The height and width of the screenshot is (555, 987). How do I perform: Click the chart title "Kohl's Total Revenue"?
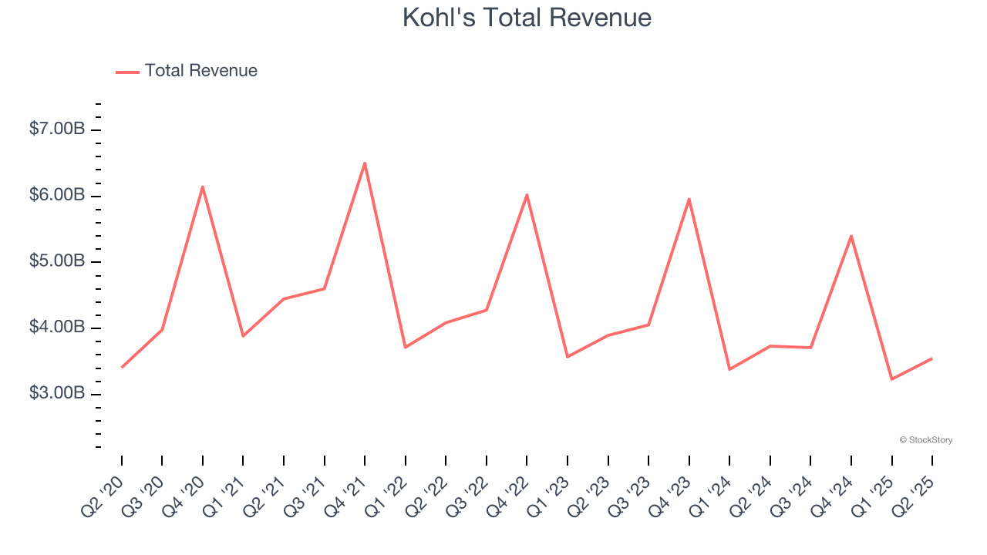point(527,18)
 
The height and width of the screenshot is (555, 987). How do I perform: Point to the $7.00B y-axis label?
point(57,129)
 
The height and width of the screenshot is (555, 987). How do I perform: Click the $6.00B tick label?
point(57,195)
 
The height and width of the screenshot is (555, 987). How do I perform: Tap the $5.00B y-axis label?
point(57,261)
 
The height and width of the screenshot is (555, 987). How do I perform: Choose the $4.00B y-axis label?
point(57,328)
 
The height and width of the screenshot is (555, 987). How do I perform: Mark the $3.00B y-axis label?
point(57,393)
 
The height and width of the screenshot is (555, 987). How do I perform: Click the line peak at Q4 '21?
point(365,163)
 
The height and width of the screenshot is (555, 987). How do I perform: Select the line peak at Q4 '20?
point(203,187)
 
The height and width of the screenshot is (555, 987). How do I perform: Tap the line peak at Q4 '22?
point(527,194)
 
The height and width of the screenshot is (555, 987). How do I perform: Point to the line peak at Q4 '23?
point(689,199)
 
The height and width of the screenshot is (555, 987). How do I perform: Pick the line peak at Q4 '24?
point(851,236)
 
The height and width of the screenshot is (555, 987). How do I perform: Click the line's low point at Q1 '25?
point(891,379)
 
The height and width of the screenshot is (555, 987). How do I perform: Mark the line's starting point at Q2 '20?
point(122,367)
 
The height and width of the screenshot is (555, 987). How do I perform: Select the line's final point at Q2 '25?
point(932,358)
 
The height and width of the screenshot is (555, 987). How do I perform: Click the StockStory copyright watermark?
point(925,440)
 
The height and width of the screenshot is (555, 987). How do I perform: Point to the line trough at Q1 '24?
point(729,369)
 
